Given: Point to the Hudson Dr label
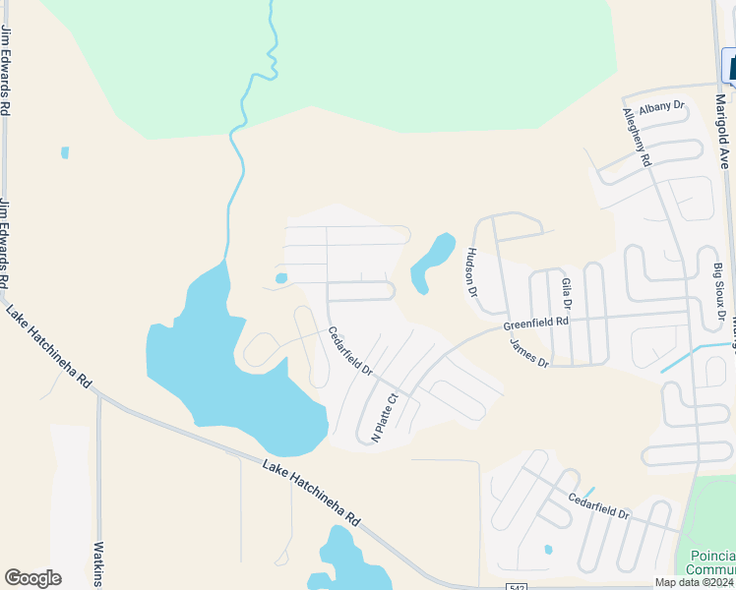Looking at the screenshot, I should tap(471, 271).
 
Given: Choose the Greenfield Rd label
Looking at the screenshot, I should tap(536, 323).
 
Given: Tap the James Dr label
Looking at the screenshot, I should tap(528, 353).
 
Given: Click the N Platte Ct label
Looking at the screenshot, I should tap(383, 419).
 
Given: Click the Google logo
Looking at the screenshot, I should tap(32, 578).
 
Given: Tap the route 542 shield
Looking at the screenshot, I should tap(518, 587).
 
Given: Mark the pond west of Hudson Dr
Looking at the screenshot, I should tap(432, 262).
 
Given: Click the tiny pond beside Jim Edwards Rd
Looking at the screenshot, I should tap(65, 152).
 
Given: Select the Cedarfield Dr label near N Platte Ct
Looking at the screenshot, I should tap(349, 351).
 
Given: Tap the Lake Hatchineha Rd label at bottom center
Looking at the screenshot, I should tap(312, 492).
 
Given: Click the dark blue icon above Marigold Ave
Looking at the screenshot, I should tap(731, 68).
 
